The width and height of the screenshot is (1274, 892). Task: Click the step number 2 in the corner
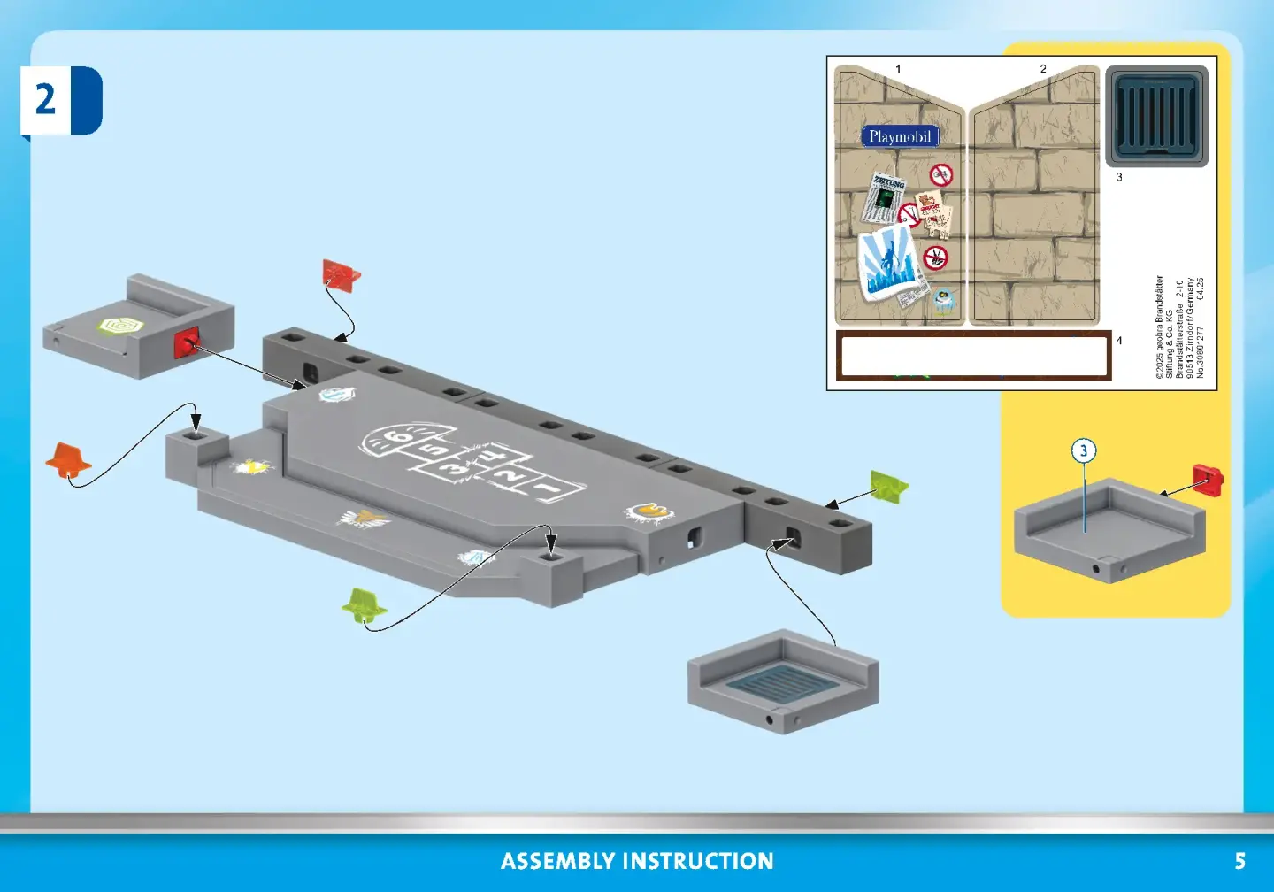click(x=45, y=99)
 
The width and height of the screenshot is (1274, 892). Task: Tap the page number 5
click(x=1239, y=861)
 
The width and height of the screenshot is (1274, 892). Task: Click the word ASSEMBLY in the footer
click(x=557, y=861)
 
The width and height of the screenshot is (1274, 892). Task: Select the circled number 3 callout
click(x=1084, y=451)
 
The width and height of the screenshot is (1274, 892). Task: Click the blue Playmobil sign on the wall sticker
click(x=900, y=136)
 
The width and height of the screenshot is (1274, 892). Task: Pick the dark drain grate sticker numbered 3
click(x=1156, y=116)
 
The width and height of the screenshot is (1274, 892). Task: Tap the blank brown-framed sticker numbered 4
click(x=973, y=356)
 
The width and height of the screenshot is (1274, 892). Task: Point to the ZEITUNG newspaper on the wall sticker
click(x=886, y=196)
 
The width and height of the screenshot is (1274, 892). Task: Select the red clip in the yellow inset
click(x=1208, y=480)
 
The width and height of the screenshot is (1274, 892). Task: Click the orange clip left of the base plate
click(x=68, y=460)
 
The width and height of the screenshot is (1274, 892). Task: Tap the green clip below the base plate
click(x=365, y=604)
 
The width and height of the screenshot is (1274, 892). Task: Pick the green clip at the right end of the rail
click(x=887, y=486)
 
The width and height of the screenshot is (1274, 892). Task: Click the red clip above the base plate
click(x=341, y=274)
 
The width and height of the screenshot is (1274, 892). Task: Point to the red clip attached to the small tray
click(x=187, y=342)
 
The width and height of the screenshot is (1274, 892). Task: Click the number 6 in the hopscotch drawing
click(x=401, y=435)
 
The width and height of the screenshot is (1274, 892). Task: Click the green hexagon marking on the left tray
click(x=120, y=326)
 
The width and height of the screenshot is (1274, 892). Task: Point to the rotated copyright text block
click(x=1179, y=327)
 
